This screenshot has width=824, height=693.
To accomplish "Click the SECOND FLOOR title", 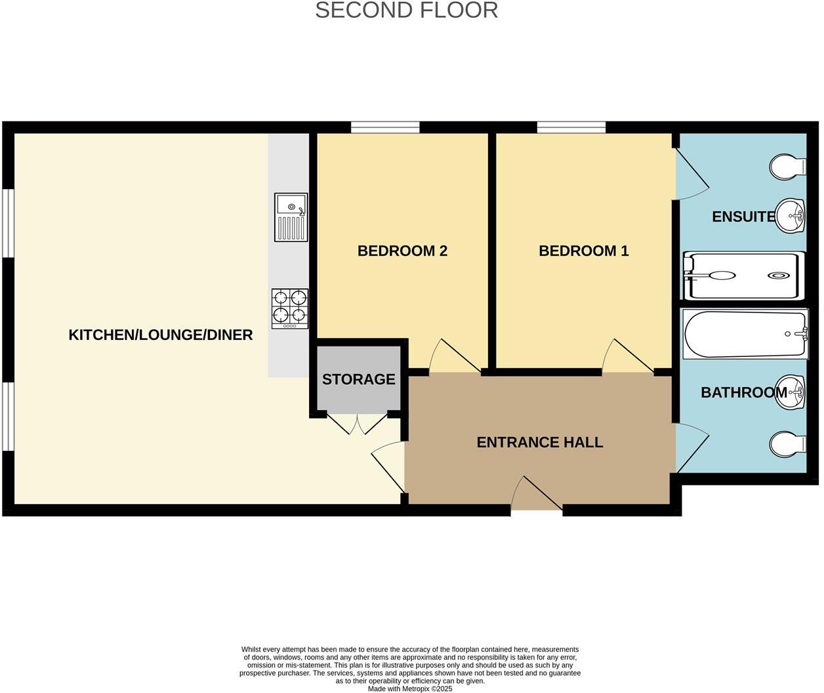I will (406, 10).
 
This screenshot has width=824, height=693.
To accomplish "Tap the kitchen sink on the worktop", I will (291, 217).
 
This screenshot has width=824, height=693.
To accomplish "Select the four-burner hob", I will (290, 308).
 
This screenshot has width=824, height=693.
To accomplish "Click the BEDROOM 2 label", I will (402, 251).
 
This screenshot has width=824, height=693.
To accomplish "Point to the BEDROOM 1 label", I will (583, 251).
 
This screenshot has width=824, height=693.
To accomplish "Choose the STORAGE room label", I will (358, 379).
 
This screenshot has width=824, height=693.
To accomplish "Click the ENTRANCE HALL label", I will (539, 442).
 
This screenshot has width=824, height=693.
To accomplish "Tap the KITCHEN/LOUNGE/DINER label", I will (161, 335).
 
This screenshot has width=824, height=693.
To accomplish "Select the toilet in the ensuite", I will (787, 167).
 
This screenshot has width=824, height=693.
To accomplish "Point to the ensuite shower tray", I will (743, 276).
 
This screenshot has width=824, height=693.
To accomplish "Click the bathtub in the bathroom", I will (745, 334).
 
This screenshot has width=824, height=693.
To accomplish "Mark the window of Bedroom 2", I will (385, 127).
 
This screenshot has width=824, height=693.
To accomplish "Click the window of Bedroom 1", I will (571, 127).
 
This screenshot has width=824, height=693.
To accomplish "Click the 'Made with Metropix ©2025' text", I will (410, 689).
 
